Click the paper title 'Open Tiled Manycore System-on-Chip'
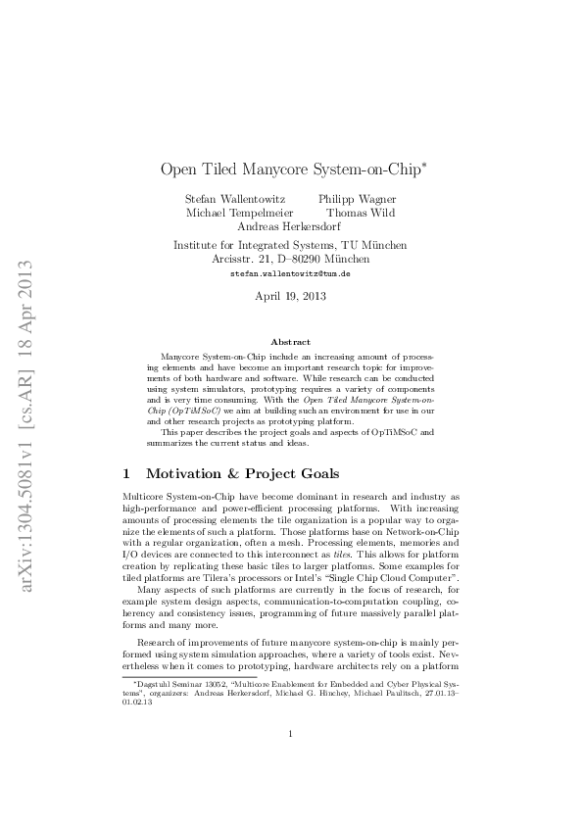(290, 169)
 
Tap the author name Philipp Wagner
(358, 199)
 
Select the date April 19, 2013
(291, 294)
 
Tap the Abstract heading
(291, 341)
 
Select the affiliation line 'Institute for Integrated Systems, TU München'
(291, 245)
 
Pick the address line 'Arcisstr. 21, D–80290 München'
(291, 259)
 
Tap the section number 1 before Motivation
(124, 473)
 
